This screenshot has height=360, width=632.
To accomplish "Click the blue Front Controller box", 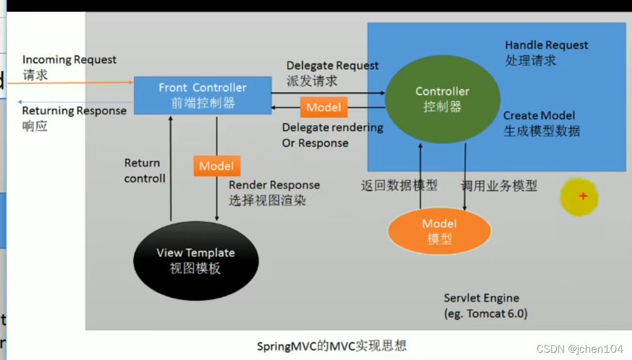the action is tap(203, 95).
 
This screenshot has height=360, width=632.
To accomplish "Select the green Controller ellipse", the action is tap(443, 99).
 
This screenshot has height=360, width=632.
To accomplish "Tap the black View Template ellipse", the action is tap(196, 261).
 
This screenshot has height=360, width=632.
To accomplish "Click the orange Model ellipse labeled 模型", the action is tap(439, 231).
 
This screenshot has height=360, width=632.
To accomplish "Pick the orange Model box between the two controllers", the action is tap(324, 107).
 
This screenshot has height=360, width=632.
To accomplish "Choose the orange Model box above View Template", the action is tap(217, 166).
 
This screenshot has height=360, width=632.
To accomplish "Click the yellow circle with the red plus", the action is tap(579, 197).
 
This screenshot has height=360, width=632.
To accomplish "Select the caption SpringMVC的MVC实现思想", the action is tap(331, 346).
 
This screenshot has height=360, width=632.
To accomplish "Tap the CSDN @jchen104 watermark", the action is tap(580, 349).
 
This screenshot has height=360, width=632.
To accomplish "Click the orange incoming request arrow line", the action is tap(71, 83).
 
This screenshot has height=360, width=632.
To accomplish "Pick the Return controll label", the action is tap(145, 171).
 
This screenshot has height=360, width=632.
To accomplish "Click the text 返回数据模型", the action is tap(399, 185).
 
